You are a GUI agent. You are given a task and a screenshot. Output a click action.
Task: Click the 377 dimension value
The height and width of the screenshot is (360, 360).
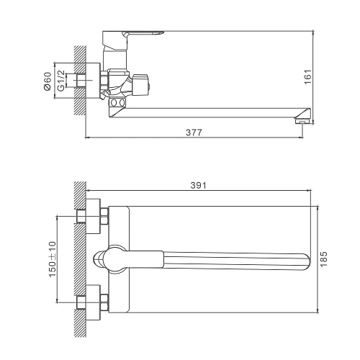(x=194, y=132)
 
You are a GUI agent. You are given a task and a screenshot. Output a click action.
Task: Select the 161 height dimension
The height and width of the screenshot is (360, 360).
(x=307, y=76)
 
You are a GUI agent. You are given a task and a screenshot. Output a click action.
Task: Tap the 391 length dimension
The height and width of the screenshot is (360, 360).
(x=198, y=185)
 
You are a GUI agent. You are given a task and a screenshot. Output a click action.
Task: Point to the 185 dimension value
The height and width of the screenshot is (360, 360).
(x=324, y=259)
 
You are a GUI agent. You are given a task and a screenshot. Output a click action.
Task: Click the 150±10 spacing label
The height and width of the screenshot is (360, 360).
(x=53, y=259)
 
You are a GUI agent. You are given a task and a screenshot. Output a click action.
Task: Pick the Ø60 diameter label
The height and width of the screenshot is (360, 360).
(x=48, y=81)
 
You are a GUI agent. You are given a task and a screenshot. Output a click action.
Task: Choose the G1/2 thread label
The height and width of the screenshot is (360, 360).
(x=61, y=81)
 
